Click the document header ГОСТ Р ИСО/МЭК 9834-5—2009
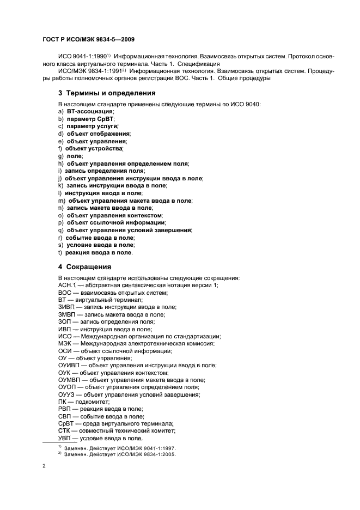tap(88, 39)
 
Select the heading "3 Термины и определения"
tap(103, 93)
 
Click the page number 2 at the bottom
tap(44, 466)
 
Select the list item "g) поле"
tap(70, 156)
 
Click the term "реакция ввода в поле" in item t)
tap(99, 253)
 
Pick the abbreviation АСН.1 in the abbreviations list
tap(67, 285)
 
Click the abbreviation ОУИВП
tap(69, 366)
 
